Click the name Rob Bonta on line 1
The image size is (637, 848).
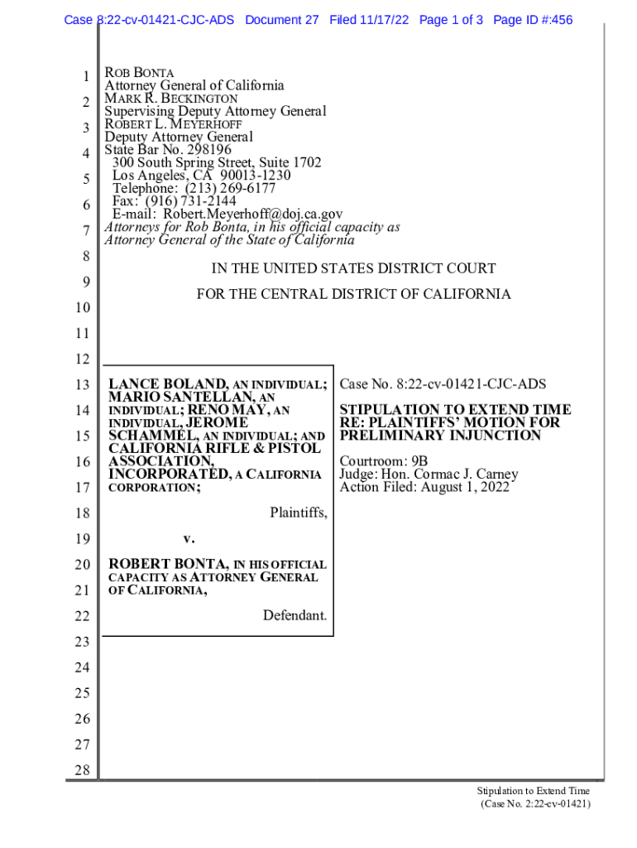point(139,73)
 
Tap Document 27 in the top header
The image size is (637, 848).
point(281,20)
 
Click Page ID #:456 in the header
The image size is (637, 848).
point(532,20)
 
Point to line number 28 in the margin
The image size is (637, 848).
point(81,772)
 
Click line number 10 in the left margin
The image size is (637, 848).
point(81,308)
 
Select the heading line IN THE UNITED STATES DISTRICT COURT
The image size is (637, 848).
point(353,268)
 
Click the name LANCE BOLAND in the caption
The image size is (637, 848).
point(168,384)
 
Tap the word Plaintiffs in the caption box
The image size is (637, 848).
point(298,513)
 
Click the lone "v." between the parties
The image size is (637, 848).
point(188,538)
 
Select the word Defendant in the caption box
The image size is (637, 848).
point(295,615)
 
